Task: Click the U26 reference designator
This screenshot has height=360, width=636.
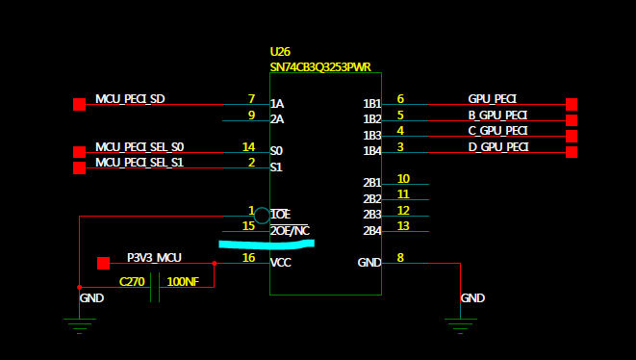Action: pos(280,52)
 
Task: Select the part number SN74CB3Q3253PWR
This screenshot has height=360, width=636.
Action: pos(320,67)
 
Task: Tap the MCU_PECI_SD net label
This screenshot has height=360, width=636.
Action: pos(130,99)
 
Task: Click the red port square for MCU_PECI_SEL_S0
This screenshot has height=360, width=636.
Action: pos(80,152)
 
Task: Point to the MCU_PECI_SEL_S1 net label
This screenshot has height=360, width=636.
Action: pos(140,163)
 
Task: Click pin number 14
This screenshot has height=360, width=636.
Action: pos(248,146)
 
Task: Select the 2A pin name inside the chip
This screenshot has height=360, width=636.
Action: pos(277,119)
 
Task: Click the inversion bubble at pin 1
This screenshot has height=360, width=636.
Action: pos(262,216)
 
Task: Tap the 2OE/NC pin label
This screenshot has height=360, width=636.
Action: pos(290,230)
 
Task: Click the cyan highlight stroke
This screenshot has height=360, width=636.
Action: pos(267,244)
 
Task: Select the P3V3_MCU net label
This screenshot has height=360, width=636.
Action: pos(154,258)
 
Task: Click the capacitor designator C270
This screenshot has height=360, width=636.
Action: pos(132,282)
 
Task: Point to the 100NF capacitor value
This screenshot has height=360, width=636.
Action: pos(183,282)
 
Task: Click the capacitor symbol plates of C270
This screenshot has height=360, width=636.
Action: pos(155,288)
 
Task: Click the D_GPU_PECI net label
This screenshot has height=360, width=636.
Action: pos(498,147)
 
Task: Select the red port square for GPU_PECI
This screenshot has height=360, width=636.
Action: pos(572,104)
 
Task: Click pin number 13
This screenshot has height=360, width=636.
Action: pos(403,225)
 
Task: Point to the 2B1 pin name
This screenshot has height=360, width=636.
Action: pos(372,183)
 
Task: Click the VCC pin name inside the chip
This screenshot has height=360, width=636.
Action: pos(281,263)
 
